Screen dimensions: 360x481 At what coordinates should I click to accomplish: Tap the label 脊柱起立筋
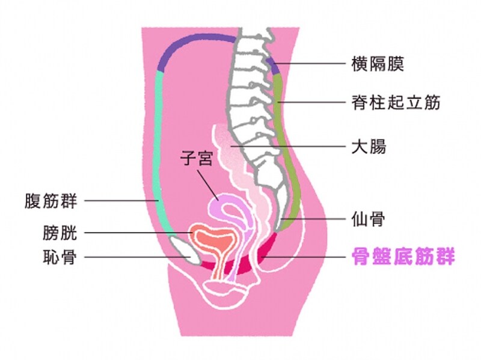tap(395, 102)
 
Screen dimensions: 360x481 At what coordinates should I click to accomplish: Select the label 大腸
tap(367, 146)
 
